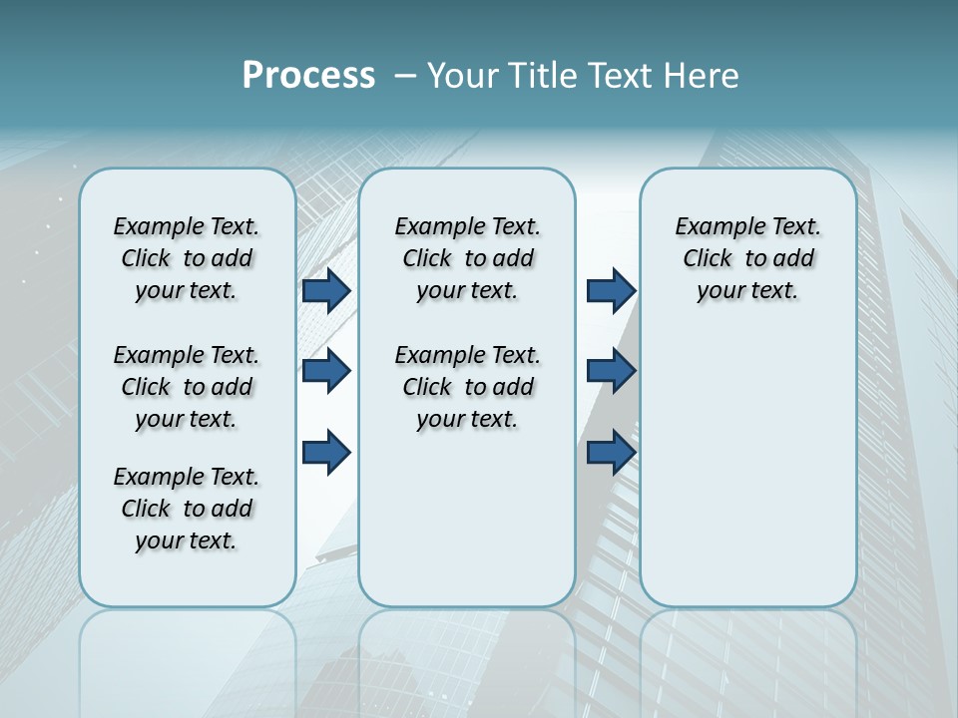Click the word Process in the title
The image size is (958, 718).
point(308,76)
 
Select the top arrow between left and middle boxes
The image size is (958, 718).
point(326,290)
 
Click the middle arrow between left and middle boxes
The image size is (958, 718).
point(326,371)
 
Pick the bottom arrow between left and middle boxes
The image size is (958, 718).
point(326,453)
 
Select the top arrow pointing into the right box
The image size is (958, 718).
point(611,290)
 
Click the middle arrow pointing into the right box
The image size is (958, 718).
point(611,371)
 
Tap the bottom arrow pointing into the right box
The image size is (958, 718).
point(611,453)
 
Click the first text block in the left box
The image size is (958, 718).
point(186,258)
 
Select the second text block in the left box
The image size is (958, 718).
point(186,387)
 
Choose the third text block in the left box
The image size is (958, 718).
point(186,509)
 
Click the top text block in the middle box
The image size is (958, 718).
point(467,258)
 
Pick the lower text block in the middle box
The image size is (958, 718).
point(467,387)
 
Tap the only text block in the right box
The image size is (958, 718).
point(747,258)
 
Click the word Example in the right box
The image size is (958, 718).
point(714,227)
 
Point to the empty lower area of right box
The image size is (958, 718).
point(747,479)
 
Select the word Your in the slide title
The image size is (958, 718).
point(461,76)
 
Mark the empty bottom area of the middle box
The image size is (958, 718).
point(467,529)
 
